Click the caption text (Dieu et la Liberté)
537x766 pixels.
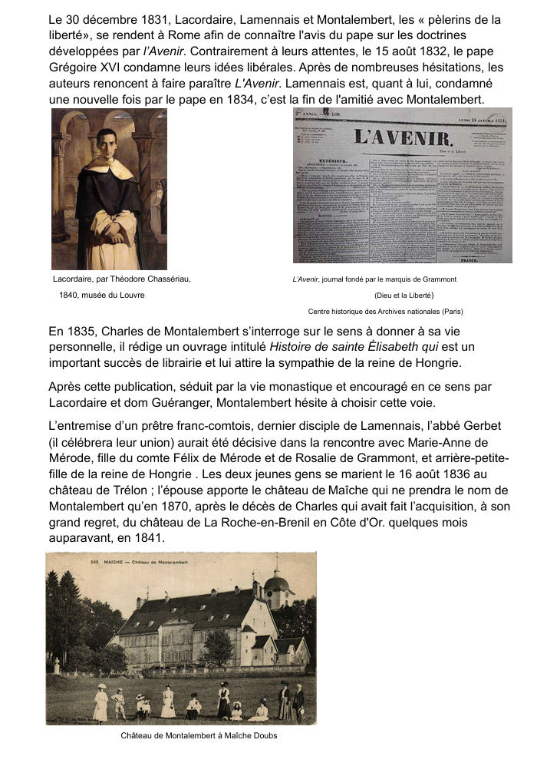pyautogui.click(x=404, y=295)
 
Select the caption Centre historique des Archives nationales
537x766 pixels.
pyautogui.click(x=385, y=311)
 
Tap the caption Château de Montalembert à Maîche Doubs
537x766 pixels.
pyautogui.click(x=199, y=735)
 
